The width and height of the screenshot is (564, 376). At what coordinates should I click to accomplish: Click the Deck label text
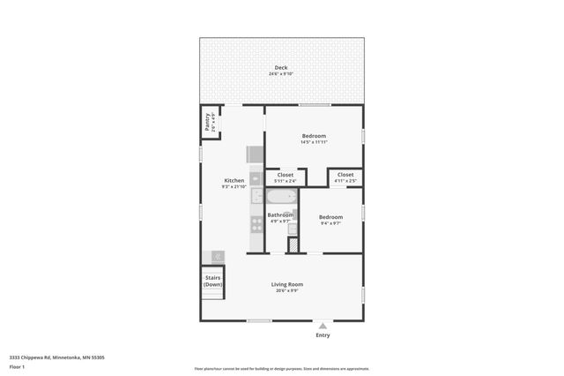click(280, 68)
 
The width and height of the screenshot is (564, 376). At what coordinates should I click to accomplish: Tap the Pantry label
click(208, 122)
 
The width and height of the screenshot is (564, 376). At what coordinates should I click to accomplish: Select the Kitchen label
click(234, 181)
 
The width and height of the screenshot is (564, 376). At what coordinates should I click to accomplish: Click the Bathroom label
click(280, 214)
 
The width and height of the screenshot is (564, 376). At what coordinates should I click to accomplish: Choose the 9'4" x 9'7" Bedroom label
click(330, 217)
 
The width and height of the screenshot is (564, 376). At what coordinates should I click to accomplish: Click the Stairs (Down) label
click(213, 282)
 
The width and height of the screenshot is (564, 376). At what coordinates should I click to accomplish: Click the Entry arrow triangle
click(323, 326)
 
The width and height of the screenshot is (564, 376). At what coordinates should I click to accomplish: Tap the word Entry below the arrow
click(323, 335)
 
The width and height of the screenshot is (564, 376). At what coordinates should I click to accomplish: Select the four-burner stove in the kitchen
click(257, 224)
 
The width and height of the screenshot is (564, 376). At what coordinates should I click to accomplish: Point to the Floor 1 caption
click(17, 365)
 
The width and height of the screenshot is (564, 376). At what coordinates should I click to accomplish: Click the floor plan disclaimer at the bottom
click(281, 369)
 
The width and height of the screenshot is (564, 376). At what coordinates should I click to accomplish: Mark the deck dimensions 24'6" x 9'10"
click(280, 74)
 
